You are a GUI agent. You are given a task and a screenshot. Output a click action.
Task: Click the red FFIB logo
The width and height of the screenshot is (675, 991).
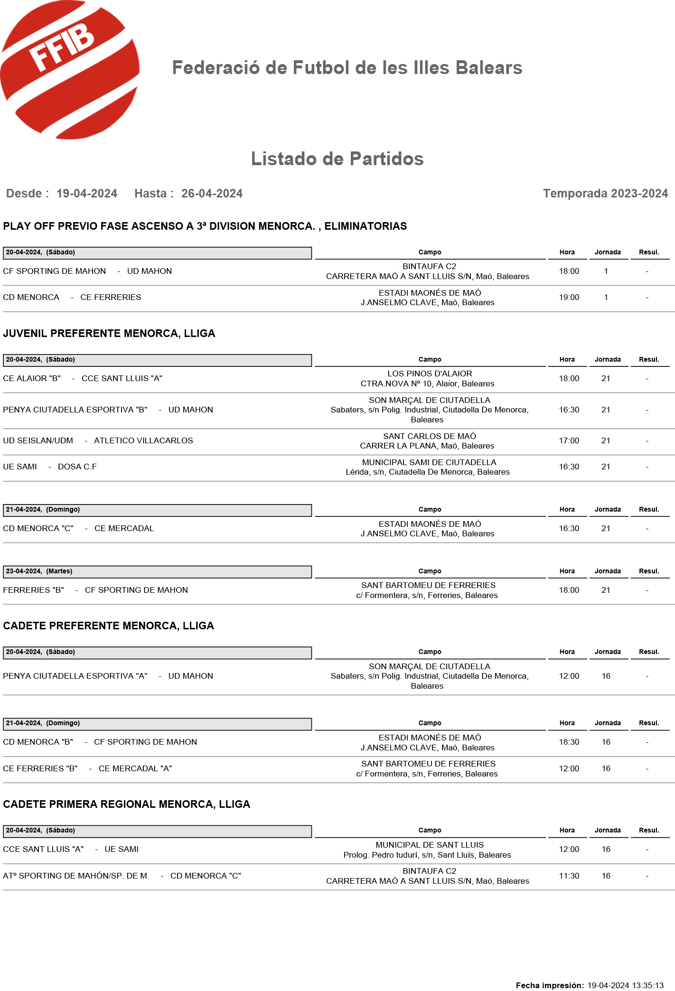pos(69,70)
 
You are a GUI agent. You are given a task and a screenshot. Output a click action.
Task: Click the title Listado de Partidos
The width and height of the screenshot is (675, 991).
pos(337,159)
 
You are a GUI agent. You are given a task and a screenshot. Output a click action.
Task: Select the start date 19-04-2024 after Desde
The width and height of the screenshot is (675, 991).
pos(87,194)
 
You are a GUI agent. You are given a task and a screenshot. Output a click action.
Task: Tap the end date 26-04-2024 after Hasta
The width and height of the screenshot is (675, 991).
pos(212,194)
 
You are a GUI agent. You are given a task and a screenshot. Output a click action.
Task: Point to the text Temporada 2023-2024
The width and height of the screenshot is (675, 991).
pos(605,194)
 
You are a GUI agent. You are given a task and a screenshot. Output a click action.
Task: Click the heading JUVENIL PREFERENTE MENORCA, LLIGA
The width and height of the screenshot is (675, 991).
pos(109,334)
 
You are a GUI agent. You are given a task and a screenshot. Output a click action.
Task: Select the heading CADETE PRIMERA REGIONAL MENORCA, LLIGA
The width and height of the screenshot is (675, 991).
pos(127,804)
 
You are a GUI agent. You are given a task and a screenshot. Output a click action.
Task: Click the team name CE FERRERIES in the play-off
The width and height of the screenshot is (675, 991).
pos(111,298)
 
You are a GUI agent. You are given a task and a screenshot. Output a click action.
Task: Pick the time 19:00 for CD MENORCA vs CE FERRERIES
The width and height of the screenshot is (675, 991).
pos(569,298)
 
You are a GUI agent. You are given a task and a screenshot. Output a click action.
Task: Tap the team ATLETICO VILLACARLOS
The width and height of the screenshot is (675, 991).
pos(143,441)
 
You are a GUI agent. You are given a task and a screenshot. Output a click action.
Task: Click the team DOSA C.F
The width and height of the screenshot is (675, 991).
pos(77,467)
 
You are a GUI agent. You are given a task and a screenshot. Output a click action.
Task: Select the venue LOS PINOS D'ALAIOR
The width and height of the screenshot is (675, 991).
pos(430,374)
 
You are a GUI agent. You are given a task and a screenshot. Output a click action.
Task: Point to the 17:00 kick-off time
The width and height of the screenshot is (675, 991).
pos(569,441)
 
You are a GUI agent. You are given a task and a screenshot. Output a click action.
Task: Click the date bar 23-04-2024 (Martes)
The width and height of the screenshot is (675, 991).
pos(157,571)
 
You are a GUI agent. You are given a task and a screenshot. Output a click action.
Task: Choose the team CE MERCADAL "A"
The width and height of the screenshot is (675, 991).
pos(135,769)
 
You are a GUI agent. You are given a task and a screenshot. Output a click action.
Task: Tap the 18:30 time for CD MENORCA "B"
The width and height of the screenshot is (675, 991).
pos(569,742)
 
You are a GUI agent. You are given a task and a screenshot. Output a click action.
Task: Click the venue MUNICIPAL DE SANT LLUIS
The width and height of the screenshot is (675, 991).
pos(430,845)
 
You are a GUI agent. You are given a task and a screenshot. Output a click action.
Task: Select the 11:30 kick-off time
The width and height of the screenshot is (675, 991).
pos(569,876)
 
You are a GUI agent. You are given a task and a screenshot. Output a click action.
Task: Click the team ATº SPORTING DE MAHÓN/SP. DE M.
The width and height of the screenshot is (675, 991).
pos(76,876)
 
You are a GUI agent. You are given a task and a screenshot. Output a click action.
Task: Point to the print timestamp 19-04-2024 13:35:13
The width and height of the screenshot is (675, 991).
pos(625,986)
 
